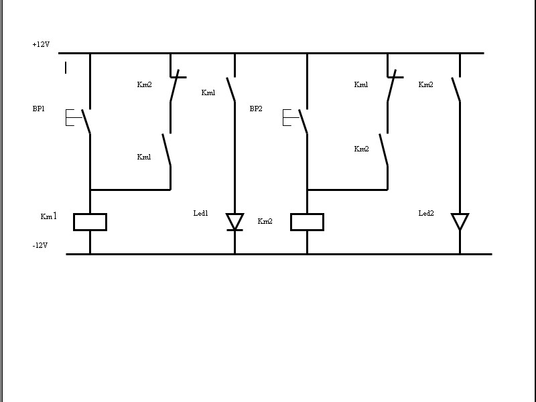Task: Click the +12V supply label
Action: (x=41, y=45)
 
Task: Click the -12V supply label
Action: (x=40, y=246)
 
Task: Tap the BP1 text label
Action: (x=40, y=109)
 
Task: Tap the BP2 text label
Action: (x=256, y=109)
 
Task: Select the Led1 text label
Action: (x=201, y=213)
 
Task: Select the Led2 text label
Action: (x=426, y=213)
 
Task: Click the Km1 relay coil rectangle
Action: (x=90, y=222)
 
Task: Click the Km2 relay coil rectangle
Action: (x=307, y=222)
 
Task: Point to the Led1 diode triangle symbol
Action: (x=234, y=221)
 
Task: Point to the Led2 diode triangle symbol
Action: (x=460, y=221)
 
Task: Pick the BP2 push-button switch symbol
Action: (x=299, y=120)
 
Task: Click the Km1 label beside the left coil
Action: (x=48, y=216)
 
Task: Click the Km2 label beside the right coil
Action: (x=265, y=221)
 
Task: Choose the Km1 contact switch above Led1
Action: (x=232, y=90)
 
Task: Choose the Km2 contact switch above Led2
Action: (x=457, y=90)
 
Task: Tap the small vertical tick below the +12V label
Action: (x=66, y=67)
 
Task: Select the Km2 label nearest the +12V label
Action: (x=144, y=84)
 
